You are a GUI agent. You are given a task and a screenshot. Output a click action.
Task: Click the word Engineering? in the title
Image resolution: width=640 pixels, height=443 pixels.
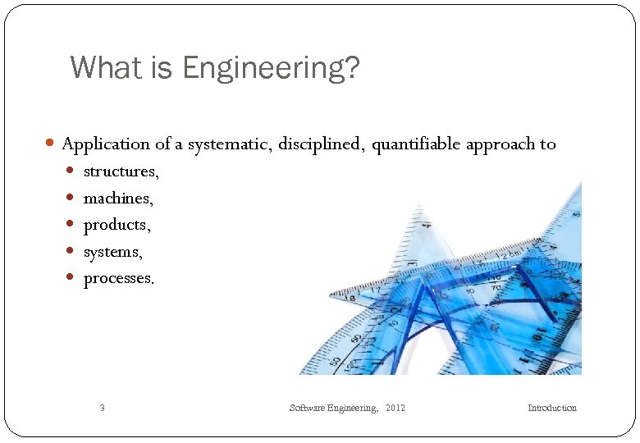[272, 68]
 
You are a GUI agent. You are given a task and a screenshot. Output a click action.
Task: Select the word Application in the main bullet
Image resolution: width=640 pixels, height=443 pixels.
[106, 144]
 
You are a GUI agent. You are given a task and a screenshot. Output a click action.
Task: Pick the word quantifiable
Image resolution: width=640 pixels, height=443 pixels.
[416, 144]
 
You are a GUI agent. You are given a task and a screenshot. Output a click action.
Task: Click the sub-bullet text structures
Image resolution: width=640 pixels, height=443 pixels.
[121, 171]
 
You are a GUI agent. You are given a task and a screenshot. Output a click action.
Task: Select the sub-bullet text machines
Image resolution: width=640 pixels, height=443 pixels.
[118, 199]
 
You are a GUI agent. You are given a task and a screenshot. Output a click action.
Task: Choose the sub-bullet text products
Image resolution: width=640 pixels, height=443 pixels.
[117, 225]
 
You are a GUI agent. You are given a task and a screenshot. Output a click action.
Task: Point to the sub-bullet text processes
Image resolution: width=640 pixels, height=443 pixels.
[119, 278]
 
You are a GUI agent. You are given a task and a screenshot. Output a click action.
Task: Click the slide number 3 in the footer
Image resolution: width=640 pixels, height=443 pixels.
[102, 408]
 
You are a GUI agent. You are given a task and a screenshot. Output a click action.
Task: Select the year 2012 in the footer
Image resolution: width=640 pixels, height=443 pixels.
[395, 408]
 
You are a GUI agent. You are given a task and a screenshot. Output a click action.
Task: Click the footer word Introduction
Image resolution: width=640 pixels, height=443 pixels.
[551, 408]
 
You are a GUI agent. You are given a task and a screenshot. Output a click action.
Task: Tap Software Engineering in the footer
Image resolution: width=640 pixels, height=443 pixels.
[333, 408]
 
